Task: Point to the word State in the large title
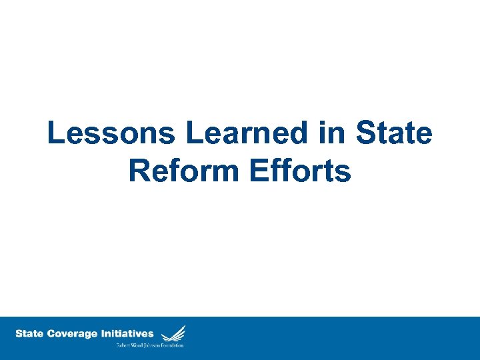point(394,134)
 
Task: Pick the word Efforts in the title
point(299,171)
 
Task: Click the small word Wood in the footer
point(139,345)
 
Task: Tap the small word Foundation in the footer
point(174,345)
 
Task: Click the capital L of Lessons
point(56,134)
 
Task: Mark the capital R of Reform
point(139,171)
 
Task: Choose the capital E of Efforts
point(257,171)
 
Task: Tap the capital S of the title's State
point(367,134)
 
